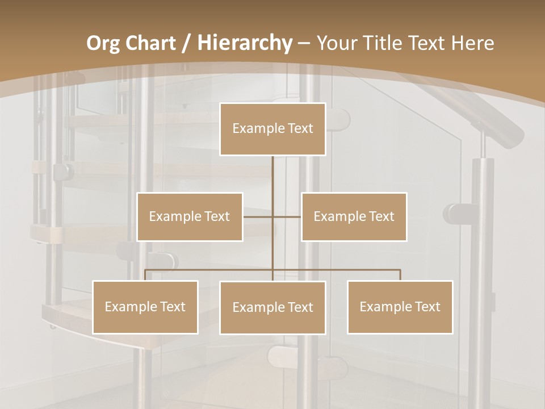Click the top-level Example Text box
(272, 129)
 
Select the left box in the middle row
(190, 216)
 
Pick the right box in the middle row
(354, 216)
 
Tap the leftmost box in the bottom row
(145, 307)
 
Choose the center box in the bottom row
(272, 307)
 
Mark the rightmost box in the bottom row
(400, 307)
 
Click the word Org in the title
(103, 43)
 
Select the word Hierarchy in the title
(244, 43)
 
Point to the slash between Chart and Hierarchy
(186, 43)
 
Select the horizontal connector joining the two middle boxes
(272, 216)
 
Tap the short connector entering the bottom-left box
(145, 275)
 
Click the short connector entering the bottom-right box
(400, 275)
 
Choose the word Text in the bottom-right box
(427, 307)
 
